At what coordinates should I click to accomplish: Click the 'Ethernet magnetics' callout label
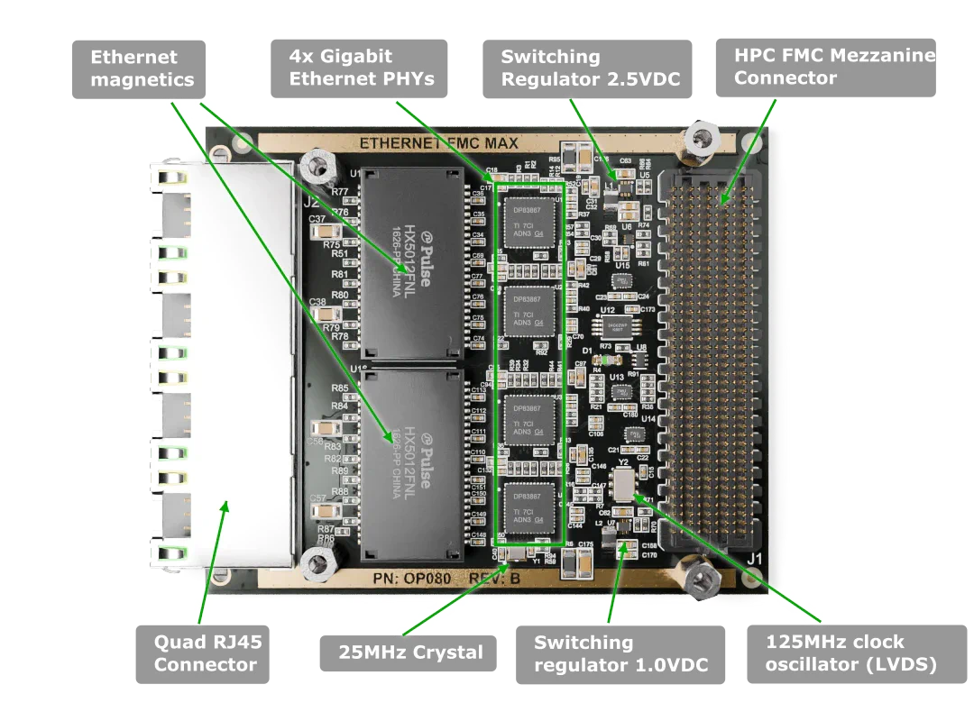click(141, 68)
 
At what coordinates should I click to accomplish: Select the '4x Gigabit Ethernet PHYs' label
click(361, 68)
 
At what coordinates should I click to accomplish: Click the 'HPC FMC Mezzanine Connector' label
click(825, 68)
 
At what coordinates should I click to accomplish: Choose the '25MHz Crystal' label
click(410, 653)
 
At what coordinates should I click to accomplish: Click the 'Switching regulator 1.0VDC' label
click(620, 654)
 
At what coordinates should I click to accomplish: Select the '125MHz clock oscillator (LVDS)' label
click(850, 653)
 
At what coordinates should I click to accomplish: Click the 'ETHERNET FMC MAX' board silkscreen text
click(438, 143)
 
